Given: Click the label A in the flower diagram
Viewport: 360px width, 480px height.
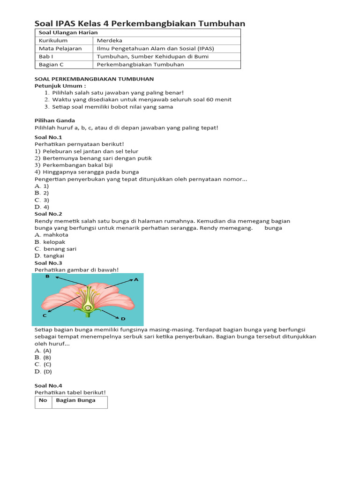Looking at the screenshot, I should point(136,280).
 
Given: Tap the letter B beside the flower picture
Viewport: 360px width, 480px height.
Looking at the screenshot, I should point(47,277).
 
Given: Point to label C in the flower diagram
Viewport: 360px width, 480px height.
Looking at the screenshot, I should point(45,316).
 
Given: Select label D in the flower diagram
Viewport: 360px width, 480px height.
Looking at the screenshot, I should point(123,319).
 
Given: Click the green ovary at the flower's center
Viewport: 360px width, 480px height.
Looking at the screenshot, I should point(87,307).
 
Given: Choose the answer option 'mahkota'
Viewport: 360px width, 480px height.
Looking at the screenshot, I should point(56,235).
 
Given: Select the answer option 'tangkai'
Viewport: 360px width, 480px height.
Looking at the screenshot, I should point(54,256).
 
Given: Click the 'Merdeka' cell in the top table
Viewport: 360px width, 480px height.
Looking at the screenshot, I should point(109,41).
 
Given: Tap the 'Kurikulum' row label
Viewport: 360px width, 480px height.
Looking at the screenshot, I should point(53,41).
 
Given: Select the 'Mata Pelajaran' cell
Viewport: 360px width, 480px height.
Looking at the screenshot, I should point(60,49).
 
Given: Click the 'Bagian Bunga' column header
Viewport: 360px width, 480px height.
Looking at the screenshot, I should point(75,400).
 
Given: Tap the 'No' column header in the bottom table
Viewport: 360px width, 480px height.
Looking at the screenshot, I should point(43,400).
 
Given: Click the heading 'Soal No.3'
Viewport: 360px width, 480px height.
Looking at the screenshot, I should point(48,263).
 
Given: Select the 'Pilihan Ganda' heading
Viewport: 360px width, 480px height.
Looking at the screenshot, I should point(54,120).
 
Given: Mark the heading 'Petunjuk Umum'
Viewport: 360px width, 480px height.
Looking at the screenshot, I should point(60,86).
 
